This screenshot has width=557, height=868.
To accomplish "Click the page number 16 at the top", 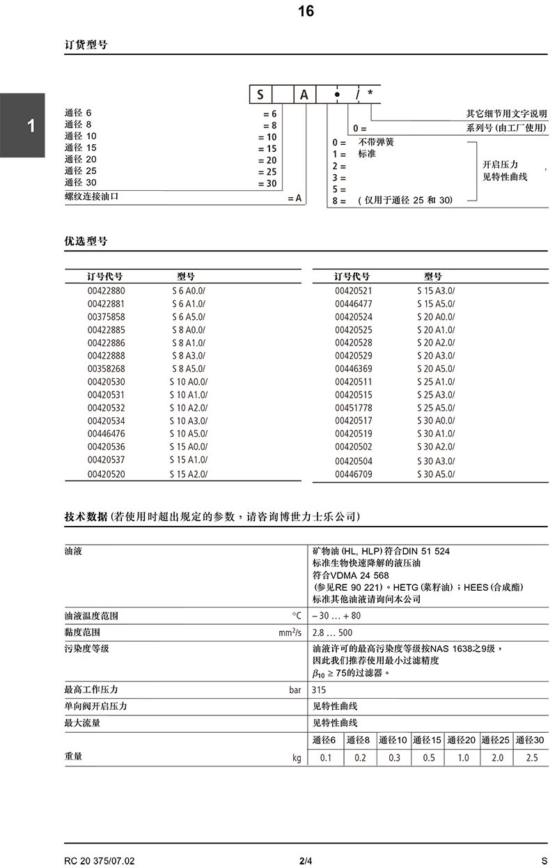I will (306, 11).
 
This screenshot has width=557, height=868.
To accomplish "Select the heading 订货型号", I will (86, 45).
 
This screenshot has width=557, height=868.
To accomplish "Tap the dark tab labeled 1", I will (31, 126).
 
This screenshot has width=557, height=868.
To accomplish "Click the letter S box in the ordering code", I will (260, 94).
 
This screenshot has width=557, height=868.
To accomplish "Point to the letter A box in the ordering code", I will (304, 94).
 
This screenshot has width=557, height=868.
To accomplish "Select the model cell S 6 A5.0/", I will (189, 316).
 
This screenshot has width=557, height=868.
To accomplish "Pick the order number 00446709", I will (354, 474).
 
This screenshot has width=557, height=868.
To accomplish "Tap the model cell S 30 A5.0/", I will (436, 474).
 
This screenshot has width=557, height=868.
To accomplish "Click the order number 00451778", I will (354, 408).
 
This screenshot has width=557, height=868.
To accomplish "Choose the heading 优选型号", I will (86, 241).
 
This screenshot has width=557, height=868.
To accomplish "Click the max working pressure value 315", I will (320, 690).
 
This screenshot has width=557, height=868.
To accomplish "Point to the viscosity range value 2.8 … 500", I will (333, 633).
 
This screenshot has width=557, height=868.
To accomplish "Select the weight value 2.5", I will (532, 757).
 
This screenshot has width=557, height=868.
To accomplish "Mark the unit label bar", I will (295, 690).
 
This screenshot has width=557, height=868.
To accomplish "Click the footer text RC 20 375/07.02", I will (99, 860).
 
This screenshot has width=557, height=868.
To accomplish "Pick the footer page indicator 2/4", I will (306, 860).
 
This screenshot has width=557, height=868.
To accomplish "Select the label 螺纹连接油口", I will (92, 197).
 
